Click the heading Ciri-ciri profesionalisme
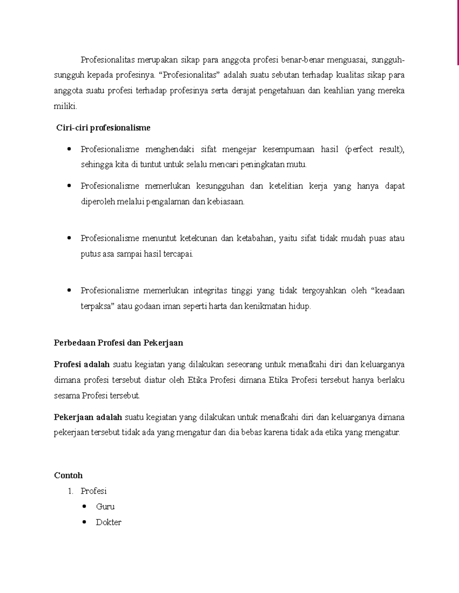[x=103, y=128]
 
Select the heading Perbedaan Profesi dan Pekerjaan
[x=119, y=343]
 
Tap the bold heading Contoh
[x=68, y=475]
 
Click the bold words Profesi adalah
[x=82, y=364]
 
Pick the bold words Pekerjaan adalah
[x=88, y=417]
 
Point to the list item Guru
[x=105, y=507]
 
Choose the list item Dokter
[x=109, y=522]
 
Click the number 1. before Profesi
[x=70, y=491]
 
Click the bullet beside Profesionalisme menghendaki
[x=69, y=149]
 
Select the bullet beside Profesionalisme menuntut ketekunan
[x=69, y=238]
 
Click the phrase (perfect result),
[x=374, y=149]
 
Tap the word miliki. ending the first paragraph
[x=65, y=107]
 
